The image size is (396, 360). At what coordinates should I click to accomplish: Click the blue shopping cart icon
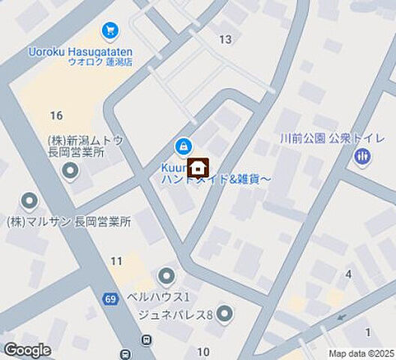(x=111, y=31)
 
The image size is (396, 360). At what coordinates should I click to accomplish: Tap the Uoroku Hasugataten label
(x=81, y=50)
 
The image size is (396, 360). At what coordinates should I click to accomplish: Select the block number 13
(x=225, y=39)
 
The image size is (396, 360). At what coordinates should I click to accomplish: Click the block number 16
(x=55, y=115)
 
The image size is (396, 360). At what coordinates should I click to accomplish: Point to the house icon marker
(x=198, y=166)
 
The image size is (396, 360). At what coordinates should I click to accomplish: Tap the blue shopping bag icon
(x=181, y=145)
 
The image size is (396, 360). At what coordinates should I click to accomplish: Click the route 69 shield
(x=111, y=299)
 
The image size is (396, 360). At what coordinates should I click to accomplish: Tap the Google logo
(x=27, y=349)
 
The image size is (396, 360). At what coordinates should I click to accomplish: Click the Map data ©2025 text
(x=361, y=353)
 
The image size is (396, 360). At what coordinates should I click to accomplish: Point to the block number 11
(x=116, y=261)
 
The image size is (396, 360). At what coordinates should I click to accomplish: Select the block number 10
(x=203, y=352)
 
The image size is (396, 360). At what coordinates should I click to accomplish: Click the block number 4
(x=348, y=274)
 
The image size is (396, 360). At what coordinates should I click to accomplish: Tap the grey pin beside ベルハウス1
(x=166, y=276)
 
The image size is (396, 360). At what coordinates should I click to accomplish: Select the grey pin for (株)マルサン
(x=29, y=202)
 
